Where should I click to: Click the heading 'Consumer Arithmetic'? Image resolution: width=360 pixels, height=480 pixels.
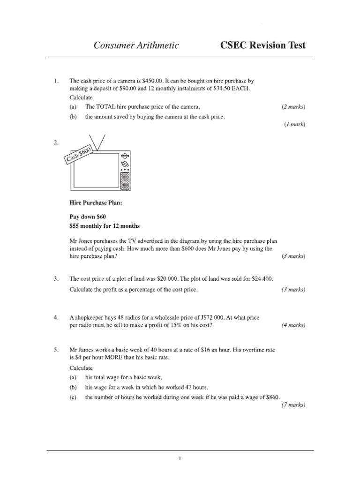coord(136,45)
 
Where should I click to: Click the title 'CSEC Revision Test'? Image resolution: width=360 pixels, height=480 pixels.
coord(262,45)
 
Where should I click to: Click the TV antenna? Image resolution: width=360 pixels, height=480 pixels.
coord(99,141)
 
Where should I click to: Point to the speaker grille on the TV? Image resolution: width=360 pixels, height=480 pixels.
coord(125,180)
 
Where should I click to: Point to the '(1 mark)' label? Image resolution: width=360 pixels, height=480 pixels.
coord(294,124)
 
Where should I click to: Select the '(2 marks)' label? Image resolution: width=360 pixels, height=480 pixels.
coord(293,107)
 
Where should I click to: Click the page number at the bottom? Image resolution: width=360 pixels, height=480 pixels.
coord(180,459)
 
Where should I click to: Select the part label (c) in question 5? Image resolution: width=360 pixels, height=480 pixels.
coord(73,397)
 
